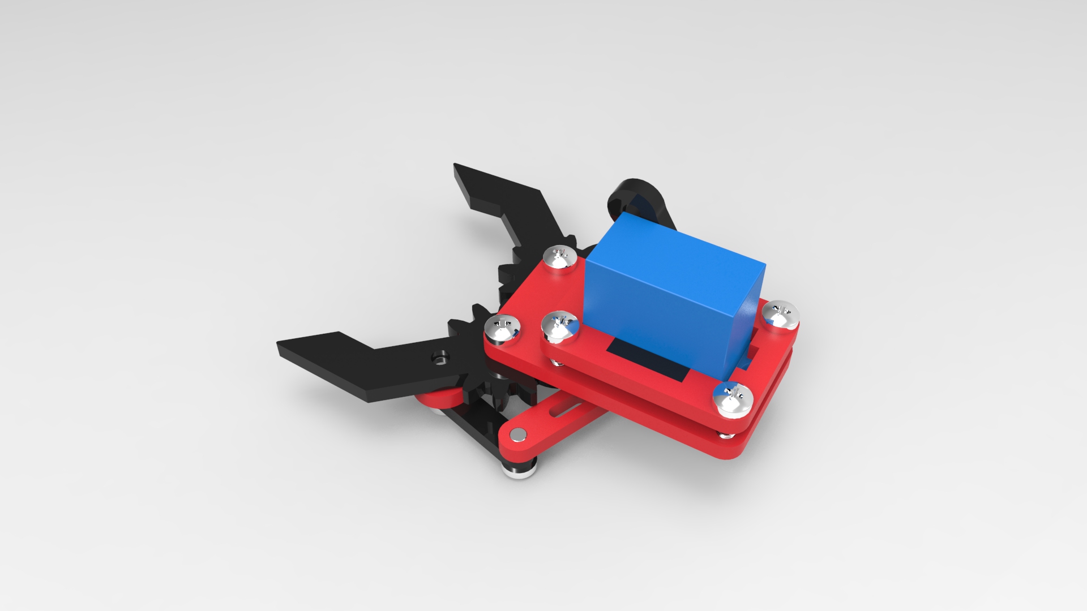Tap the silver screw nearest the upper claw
coord(560,257)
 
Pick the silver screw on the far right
coord(780,315)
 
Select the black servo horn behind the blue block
coord(637,198)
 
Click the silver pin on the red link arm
coord(517,434)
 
